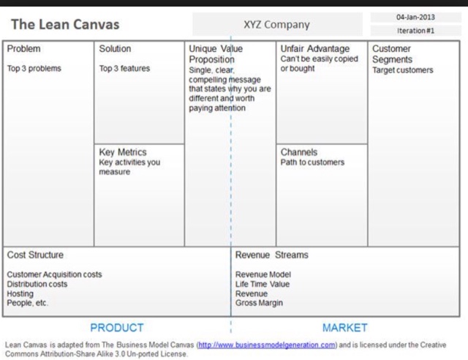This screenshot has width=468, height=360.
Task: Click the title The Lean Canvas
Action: tap(64, 24)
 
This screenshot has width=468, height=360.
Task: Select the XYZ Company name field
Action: tap(276, 24)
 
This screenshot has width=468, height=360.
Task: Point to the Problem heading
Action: tap(24, 49)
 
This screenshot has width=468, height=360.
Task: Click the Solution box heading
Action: tap(115, 49)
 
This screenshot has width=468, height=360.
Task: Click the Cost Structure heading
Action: tap(35, 255)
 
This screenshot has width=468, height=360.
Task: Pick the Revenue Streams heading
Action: tap(271, 255)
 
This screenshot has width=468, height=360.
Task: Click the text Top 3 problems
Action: tap(34, 69)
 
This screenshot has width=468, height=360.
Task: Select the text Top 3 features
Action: tap(124, 69)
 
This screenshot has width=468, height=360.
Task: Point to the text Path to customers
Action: tap(312, 162)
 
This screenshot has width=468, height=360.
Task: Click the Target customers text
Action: tap(402, 70)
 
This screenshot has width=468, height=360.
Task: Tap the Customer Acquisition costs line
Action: tap(55, 274)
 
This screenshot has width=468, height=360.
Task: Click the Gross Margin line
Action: tap(259, 302)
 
